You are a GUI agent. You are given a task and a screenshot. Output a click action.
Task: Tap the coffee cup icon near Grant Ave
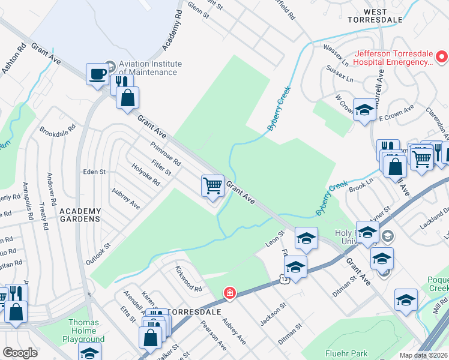coord(97,75)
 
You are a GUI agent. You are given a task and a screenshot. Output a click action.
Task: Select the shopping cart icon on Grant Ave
coord(212,186)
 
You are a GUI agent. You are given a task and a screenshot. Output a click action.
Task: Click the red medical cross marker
coord(229,293)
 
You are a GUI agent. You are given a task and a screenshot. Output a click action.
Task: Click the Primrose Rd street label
coord(166,154)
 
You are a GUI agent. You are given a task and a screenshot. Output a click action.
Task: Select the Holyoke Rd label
coord(146,175)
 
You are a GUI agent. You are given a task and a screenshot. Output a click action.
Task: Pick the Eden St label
coord(94,172)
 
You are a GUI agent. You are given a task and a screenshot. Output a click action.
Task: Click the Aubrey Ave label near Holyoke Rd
coord(126,199)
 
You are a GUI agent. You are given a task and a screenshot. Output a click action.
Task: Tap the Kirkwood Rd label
coord(188,278)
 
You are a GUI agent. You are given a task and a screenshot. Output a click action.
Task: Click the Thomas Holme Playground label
coord(84,331)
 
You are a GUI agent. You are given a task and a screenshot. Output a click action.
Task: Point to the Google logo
coord(20,353)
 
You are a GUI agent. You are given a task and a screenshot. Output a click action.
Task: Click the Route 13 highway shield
coord(284,278)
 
